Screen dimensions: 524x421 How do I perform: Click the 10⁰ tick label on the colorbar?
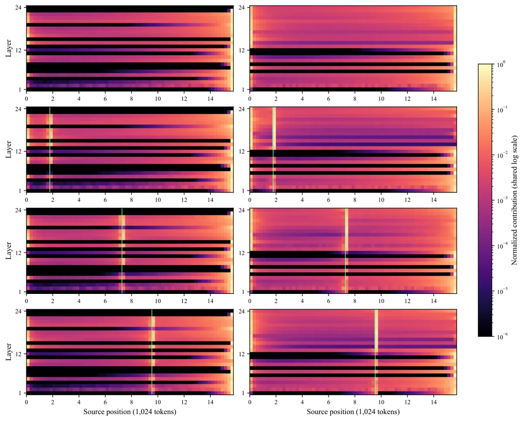500,64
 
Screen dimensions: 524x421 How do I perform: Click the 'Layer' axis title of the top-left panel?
9,48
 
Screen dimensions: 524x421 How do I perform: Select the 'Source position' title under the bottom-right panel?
353,411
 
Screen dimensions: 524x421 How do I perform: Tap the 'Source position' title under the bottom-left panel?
130,411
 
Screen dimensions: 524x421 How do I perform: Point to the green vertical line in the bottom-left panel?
152,352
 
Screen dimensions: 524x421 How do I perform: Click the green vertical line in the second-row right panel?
273,149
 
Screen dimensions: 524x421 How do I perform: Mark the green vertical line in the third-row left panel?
122,251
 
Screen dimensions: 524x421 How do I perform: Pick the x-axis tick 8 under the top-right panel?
355,99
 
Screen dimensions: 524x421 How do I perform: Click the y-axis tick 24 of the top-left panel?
18,7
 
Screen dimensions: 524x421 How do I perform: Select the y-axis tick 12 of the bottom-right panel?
241,354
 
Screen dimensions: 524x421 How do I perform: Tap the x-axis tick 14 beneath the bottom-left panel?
210,402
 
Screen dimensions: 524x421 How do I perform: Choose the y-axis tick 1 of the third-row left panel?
20,292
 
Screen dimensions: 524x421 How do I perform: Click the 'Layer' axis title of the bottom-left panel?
9,352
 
